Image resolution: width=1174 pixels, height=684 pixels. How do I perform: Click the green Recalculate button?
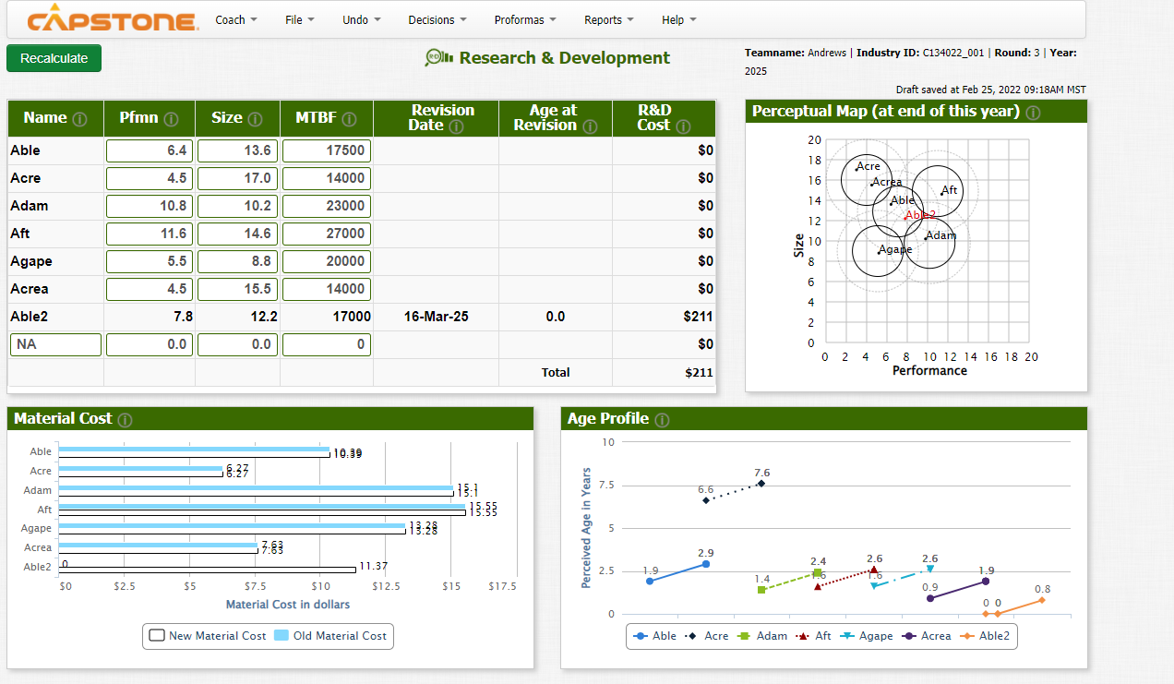click(x=54, y=58)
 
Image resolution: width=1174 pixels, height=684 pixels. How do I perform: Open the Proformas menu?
click(x=524, y=19)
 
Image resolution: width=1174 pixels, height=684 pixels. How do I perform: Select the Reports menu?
click(x=608, y=19)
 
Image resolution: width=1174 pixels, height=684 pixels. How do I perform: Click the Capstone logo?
click(x=112, y=20)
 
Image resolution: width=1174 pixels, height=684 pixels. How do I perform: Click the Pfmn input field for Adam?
click(x=150, y=206)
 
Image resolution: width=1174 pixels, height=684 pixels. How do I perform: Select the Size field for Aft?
click(x=238, y=234)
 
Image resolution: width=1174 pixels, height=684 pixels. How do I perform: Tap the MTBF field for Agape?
click(x=327, y=261)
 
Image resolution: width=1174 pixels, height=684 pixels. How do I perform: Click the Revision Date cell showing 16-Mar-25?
click(x=436, y=317)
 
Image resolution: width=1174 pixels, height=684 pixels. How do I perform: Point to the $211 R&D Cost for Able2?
click(x=698, y=317)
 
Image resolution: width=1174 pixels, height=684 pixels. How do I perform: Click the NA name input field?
click(x=55, y=344)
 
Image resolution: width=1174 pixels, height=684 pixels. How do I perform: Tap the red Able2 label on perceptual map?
click(x=920, y=215)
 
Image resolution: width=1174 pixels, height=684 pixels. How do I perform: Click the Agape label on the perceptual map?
click(x=895, y=249)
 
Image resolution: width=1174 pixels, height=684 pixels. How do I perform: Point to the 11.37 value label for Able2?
click(x=373, y=566)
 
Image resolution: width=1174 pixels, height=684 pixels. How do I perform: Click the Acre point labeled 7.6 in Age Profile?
click(x=761, y=483)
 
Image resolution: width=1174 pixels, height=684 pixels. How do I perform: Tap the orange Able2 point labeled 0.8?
click(x=1042, y=600)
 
